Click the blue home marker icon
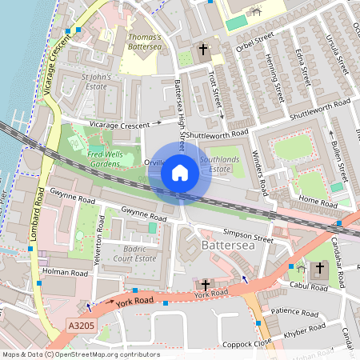coord(180,173)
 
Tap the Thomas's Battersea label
coord(144,42)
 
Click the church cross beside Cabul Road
coord(321,267)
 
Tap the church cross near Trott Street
coord(203,50)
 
